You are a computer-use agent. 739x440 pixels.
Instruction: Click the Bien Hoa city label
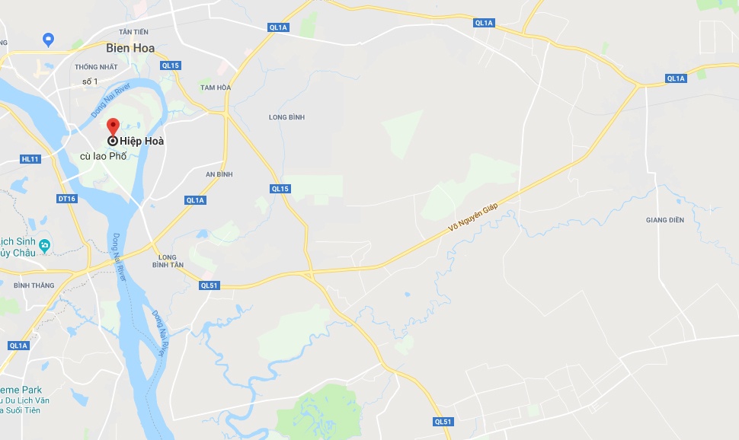[130, 48]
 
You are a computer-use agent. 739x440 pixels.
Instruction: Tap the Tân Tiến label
[134, 31]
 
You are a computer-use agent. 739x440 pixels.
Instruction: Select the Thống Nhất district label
[96, 66]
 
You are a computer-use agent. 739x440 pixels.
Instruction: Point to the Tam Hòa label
[215, 88]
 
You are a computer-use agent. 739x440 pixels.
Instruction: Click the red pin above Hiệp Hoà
[113, 126]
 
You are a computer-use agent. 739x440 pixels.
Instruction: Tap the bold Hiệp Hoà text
[142, 141]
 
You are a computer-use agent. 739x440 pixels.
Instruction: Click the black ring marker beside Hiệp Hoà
[113, 141]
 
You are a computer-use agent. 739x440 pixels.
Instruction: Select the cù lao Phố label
[103, 156]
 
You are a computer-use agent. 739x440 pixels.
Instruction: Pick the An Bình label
[219, 174]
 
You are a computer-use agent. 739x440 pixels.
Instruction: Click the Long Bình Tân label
[168, 260]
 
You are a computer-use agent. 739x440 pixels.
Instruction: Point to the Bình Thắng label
[34, 285]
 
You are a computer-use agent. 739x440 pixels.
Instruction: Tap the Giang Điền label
[665, 220]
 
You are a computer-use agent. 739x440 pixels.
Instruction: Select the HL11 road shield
[30, 159]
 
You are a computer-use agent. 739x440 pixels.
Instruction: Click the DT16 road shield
[67, 199]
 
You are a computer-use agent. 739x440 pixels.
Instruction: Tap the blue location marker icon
[48, 38]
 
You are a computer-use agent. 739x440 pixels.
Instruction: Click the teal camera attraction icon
[45, 245]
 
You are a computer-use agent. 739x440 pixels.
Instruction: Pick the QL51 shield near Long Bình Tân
[209, 285]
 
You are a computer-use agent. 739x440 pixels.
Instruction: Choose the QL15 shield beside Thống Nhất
[170, 65]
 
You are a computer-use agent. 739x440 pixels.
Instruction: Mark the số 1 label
[91, 81]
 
